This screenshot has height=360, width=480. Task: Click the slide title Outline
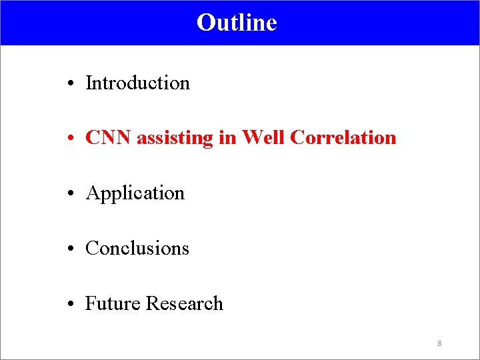pos(237,23)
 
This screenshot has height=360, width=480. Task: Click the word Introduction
pos(138,83)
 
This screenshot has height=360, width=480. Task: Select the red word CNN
pos(109,138)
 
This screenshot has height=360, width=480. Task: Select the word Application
pos(135,194)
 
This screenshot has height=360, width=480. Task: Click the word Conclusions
pos(137,249)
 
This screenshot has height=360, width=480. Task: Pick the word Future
pos(113,303)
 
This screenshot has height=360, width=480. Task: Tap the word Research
pos(185,303)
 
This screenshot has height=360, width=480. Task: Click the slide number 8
pos(439,343)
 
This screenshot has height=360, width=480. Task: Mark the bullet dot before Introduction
pos(70,84)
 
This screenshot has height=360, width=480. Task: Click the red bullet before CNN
pos(70,139)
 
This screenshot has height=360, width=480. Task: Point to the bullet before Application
pos(70,194)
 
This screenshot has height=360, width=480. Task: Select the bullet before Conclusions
pos(70,249)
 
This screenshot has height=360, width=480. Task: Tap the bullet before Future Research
pos(70,305)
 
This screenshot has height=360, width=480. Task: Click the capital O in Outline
pos(205,23)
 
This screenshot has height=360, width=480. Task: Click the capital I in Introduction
pos(89,83)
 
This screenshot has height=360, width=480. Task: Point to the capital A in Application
pos(92,193)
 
